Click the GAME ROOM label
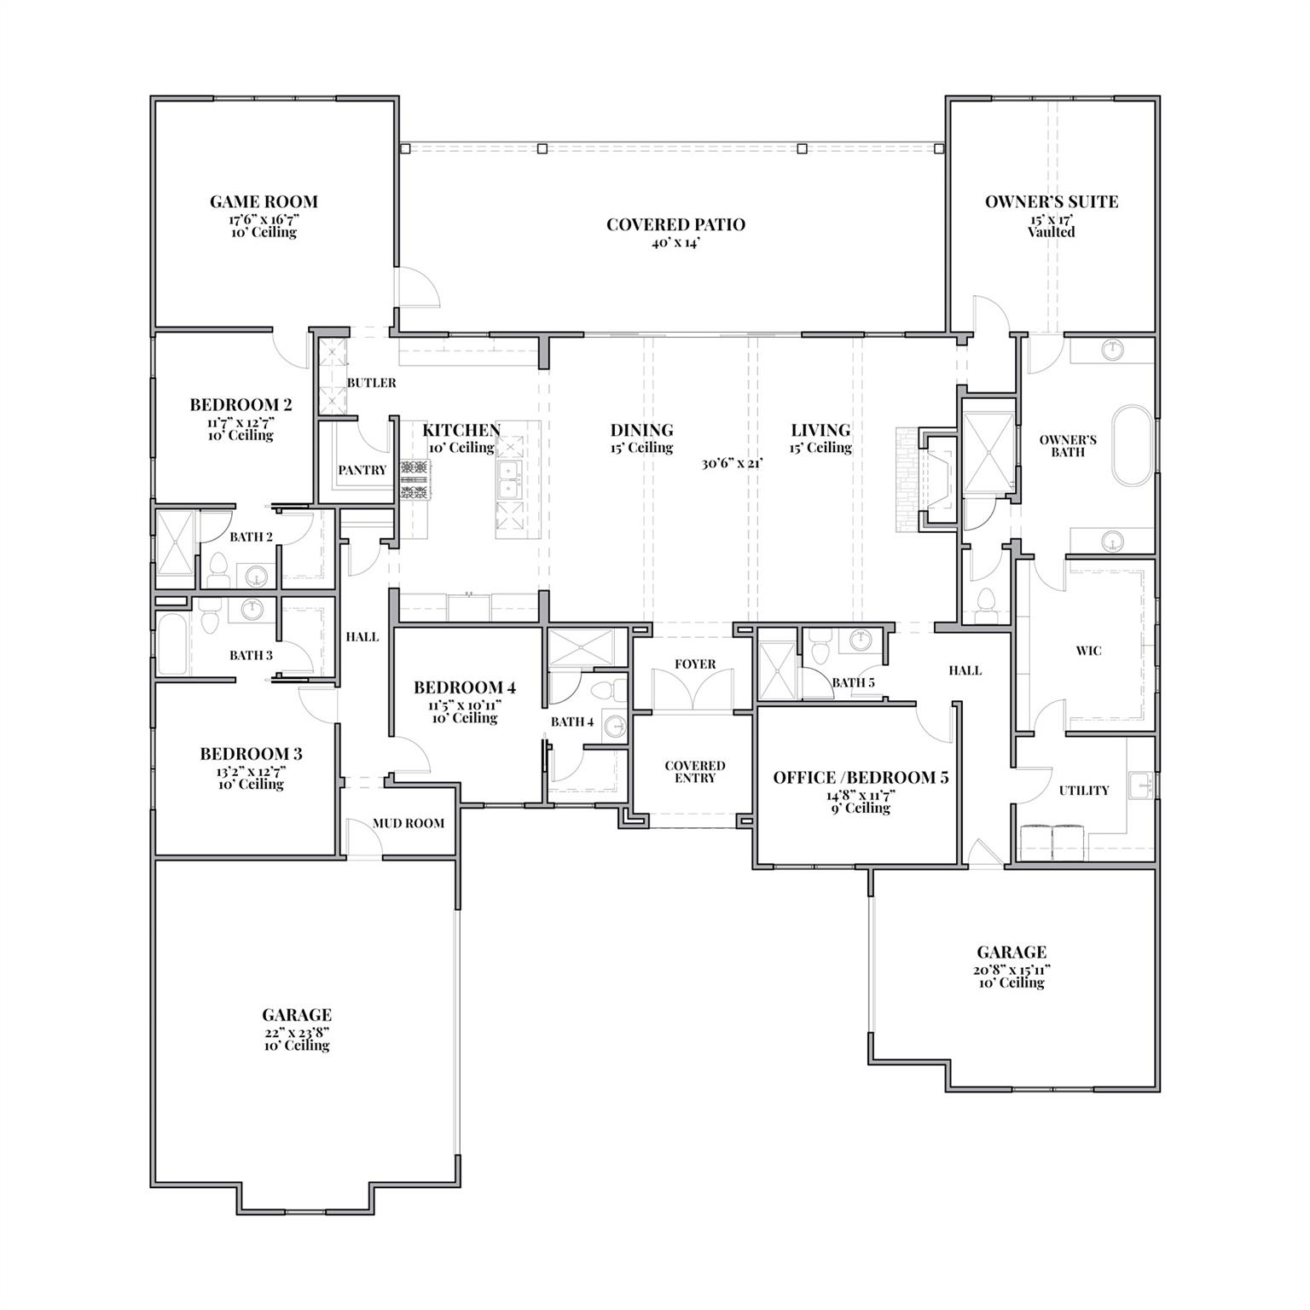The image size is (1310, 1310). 264,202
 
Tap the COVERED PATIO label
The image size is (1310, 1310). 675,225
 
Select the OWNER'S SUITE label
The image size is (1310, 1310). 1051,202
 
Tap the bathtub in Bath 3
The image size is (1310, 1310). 172,643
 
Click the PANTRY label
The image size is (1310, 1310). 362,470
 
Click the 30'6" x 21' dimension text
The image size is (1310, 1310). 731,464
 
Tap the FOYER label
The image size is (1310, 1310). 695,664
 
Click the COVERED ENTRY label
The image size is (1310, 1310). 695,772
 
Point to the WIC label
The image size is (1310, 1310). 1088,651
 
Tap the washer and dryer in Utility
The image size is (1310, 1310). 1052,841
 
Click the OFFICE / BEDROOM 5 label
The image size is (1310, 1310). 861,778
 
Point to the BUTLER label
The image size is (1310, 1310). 371,383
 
